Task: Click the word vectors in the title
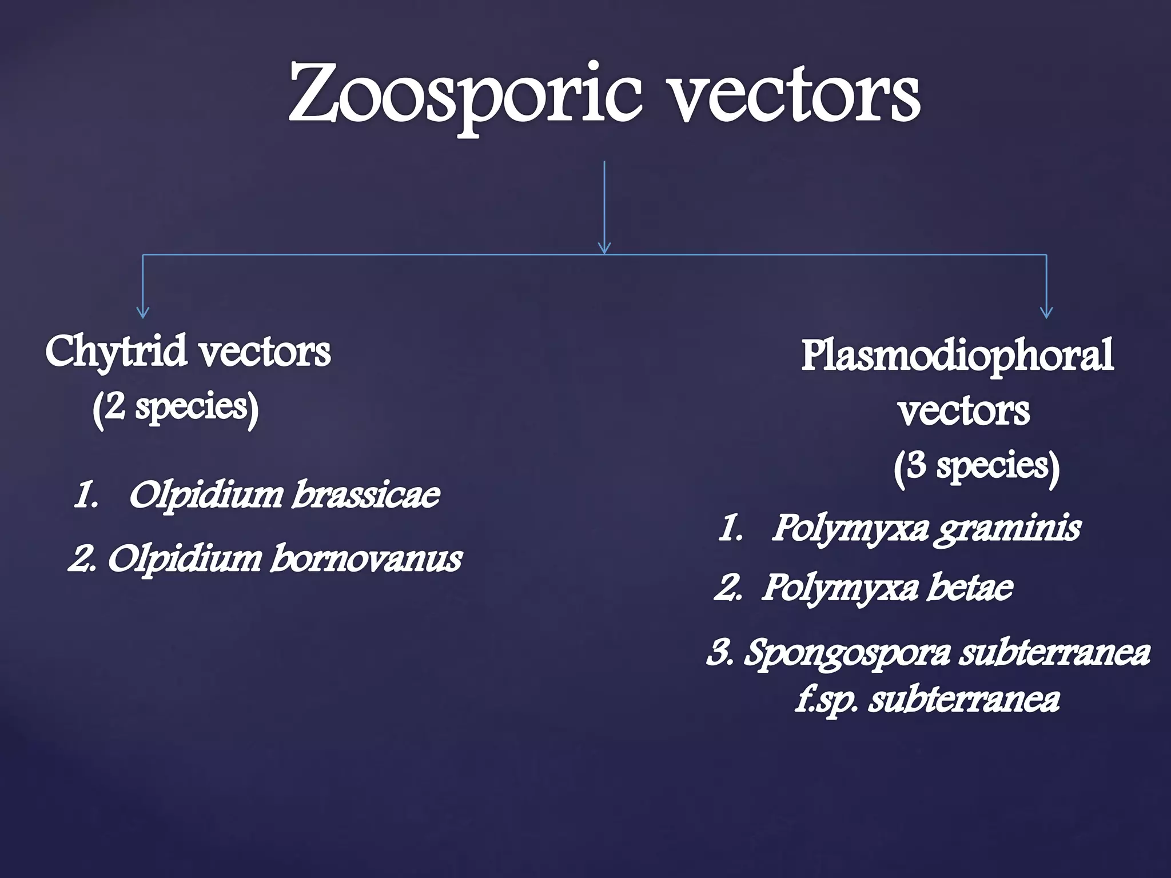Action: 795,94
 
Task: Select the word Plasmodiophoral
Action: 957,354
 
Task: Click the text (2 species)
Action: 176,408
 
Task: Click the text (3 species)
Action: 977,466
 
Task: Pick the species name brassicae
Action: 366,494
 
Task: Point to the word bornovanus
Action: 366,558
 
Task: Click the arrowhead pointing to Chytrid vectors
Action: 143,312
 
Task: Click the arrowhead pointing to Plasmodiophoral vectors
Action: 1046,312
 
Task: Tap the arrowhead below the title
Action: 604,248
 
